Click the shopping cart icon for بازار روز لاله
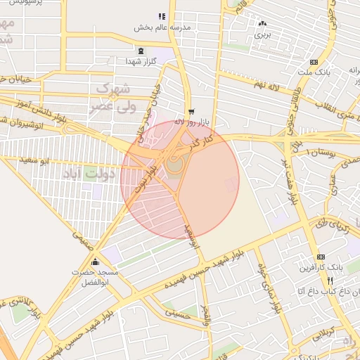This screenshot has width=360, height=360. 191,112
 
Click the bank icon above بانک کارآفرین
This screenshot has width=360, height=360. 321,257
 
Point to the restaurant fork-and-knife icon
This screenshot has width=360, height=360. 330,280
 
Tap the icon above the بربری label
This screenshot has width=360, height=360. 262,23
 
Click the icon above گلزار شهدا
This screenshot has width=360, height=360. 141,51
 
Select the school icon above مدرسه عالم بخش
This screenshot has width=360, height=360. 162,16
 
